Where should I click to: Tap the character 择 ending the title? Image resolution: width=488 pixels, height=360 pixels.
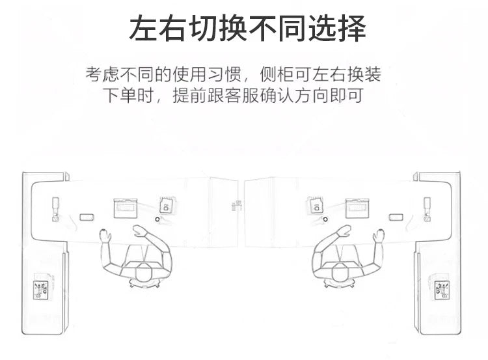tap(352, 29)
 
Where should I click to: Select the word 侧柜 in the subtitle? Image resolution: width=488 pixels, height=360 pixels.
tap(277, 74)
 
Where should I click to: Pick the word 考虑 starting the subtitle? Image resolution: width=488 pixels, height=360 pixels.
tap(102, 74)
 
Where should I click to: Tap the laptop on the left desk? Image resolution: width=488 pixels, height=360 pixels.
tap(126, 208)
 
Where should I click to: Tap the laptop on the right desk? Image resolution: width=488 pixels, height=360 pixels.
tap(358, 208)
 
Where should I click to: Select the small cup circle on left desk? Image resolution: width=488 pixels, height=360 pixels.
tap(157, 219)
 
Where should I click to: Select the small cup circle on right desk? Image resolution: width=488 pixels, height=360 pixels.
tap(325, 219)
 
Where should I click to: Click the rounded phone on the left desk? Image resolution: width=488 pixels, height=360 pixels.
tap(87, 217)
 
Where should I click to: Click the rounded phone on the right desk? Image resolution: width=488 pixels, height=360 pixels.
tap(396, 217)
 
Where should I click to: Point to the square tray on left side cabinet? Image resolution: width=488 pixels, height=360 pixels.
tap(42, 290)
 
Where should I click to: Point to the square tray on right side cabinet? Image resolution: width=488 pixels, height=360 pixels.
tap(442, 290)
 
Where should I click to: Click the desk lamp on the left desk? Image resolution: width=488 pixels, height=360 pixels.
tap(56, 209)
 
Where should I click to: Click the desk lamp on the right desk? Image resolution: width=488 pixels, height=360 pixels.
tap(427, 209)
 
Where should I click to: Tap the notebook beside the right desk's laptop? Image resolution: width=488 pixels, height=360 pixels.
tap(316, 205)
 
